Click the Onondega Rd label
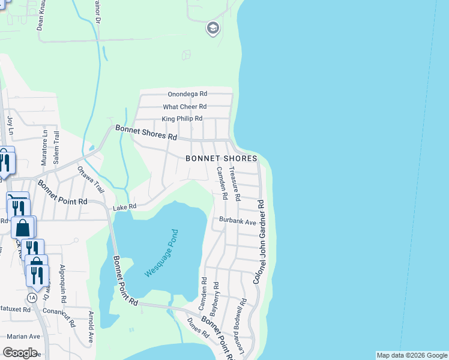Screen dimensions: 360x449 click(187, 94)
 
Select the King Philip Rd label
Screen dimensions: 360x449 click(182, 119)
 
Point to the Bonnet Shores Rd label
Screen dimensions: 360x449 click(146, 133)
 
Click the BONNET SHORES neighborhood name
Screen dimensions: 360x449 click(221, 158)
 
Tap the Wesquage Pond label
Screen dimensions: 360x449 click(162, 253)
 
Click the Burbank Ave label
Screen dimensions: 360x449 click(238, 221)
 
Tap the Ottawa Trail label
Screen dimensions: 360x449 click(91, 179)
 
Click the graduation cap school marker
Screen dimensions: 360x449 click(212, 28)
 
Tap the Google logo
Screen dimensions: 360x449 click(20, 353)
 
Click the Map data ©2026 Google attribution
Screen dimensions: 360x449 click(412, 355)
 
